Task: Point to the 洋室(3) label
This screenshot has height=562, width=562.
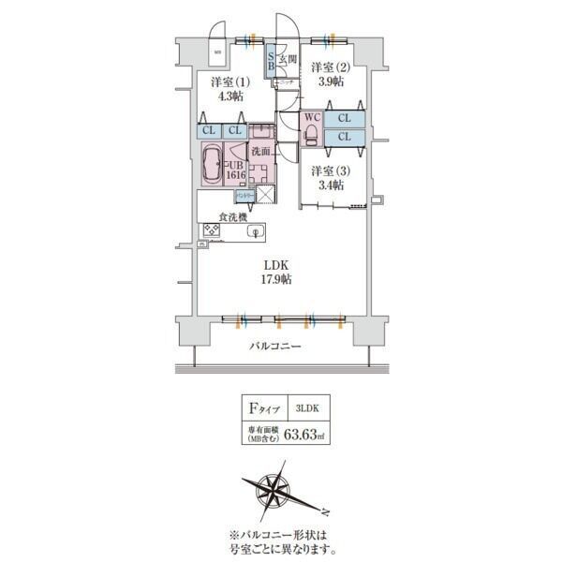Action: point(328,170)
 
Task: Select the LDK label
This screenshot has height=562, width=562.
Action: point(275,264)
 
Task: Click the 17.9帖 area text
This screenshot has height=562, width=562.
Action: point(275,279)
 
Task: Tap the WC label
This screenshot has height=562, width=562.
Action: point(311,119)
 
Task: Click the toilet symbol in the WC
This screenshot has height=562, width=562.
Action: point(310,136)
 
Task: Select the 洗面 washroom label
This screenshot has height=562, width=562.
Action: point(260,151)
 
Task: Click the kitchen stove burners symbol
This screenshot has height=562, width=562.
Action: point(211,231)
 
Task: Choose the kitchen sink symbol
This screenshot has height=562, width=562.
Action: point(252,231)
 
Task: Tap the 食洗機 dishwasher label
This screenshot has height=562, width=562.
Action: point(232,217)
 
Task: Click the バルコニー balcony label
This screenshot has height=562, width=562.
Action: point(275,347)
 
